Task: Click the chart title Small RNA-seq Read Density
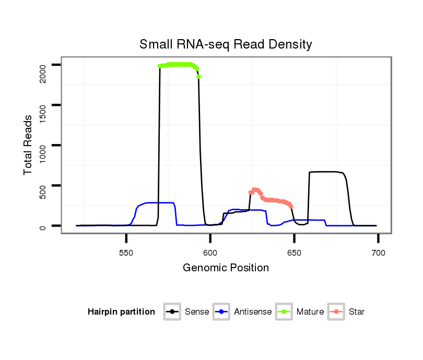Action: tap(226, 44)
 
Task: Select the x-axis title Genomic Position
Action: tap(226, 268)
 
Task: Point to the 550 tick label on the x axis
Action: tap(126, 253)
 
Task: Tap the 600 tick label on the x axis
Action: tap(210, 253)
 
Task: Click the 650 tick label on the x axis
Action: tap(294, 253)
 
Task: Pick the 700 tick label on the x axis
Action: tap(378, 253)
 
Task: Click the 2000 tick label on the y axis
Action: tap(42, 65)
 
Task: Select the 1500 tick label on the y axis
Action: tap(42, 105)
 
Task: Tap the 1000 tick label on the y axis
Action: tap(42, 146)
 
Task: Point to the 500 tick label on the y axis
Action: tap(42, 186)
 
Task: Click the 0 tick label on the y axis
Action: tap(42, 226)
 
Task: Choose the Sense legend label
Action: tap(197, 312)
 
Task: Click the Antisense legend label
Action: tap(252, 312)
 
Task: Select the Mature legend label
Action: tap(310, 312)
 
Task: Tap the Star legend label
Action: tap(357, 312)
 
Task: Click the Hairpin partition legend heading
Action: tap(121, 312)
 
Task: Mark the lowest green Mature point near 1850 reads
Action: tap(198, 77)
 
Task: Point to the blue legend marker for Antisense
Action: tap(222, 312)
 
